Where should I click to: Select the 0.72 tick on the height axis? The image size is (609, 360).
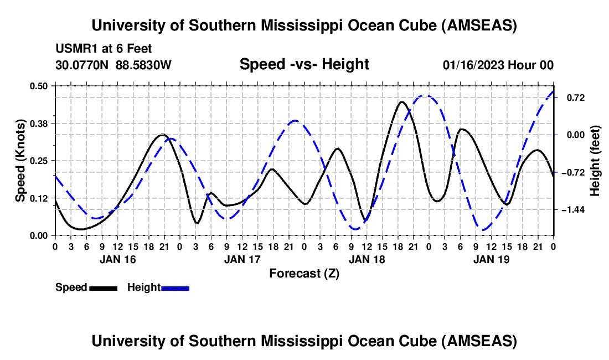click(570, 97)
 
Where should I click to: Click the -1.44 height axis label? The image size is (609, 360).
click(572, 210)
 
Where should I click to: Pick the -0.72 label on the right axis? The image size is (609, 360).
click(572, 172)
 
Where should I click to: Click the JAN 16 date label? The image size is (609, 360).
click(117, 259)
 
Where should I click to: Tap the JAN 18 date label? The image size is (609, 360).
click(367, 259)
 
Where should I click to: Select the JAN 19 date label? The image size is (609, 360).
click(491, 259)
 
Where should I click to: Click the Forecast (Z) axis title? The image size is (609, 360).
click(304, 273)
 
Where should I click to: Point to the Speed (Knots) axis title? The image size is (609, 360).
click(20, 160)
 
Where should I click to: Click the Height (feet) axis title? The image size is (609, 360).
click(595, 160)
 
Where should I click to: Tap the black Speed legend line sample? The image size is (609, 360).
click(103, 287)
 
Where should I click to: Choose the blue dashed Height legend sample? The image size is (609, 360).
click(176, 287)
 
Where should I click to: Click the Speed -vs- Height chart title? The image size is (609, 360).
click(304, 64)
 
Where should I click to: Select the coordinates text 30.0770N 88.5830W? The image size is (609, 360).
click(113, 65)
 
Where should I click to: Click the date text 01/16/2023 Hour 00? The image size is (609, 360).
click(498, 65)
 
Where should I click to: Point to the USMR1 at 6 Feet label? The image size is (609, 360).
click(104, 49)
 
